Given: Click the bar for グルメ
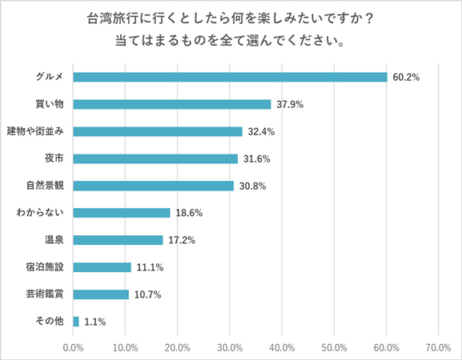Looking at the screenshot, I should [x=230, y=77].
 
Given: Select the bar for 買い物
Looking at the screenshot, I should [x=172, y=104].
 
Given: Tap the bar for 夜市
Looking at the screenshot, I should [x=155, y=158].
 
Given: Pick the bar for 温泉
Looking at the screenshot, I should [x=118, y=240].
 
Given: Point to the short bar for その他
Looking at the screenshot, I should [x=76, y=322].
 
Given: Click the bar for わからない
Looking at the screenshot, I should [x=122, y=213].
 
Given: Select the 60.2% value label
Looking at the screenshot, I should [x=407, y=78].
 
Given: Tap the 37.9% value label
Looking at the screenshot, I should [x=291, y=104].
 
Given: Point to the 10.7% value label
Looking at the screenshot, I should [x=148, y=294].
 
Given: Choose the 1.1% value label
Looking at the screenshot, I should [x=95, y=322].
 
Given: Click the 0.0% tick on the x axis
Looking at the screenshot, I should [x=74, y=348].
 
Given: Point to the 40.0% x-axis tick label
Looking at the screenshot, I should [x=283, y=348].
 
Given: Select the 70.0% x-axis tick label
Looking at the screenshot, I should [x=439, y=348].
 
